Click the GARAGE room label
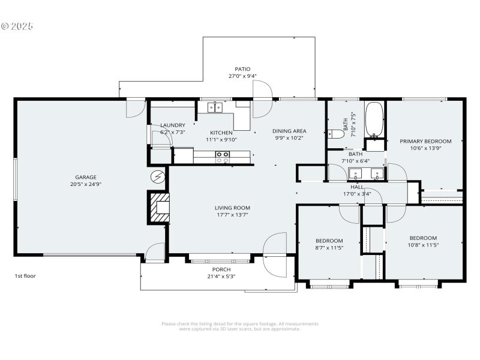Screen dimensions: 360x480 [x=86, y=177]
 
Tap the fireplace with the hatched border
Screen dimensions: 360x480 [x=160, y=207]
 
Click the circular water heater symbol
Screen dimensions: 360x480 [x=158, y=176]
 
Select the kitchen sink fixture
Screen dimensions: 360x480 [x=215, y=107]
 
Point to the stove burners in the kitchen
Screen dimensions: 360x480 [x=222, y=157]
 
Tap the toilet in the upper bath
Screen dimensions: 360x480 [x=335, y=134]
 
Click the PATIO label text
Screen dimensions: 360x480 [x=242, y=69]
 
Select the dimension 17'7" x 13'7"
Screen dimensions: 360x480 [x=232, y=215]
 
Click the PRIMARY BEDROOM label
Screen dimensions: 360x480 [x=425, y=141]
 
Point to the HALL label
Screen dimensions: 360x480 [x=356, y=187]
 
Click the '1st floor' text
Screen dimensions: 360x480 [x=26, y=276]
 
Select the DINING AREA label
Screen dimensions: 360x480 [x=289, y=131]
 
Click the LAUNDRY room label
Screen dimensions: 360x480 [x=172, y=125]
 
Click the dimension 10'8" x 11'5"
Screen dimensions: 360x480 [x=423, y=245]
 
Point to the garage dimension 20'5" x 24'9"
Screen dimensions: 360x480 [x=86, y=184]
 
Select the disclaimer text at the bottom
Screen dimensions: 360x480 [x=240, y=326]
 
